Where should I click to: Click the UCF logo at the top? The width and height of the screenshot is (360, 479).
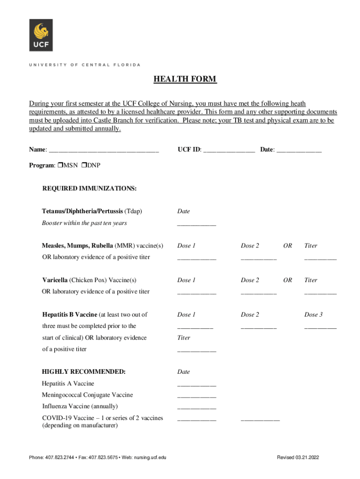(41, 35)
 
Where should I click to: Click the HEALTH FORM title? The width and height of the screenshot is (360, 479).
(185, 79)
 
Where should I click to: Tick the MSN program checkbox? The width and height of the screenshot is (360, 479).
(60, 166)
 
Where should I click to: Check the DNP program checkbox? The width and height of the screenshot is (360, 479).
(84, 166)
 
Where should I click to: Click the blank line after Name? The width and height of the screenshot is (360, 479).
(104, 151)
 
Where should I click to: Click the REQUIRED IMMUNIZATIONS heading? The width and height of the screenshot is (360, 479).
(89, 189)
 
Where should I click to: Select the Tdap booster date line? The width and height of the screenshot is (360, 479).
(196, 224)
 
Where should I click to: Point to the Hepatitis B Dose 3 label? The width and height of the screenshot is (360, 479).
(313, 315)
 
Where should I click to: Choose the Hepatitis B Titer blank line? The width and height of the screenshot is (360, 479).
(196, 350)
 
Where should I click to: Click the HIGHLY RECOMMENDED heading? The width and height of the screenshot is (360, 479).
(84, 372)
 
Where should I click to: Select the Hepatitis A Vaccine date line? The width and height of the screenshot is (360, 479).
(196, 385)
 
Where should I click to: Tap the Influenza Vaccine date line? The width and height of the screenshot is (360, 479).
(196, 407)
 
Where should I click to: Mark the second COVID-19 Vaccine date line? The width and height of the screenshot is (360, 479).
(260, 419)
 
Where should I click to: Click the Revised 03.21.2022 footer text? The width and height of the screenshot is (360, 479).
(298, 457)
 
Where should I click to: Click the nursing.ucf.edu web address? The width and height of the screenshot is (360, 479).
(145, 457)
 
